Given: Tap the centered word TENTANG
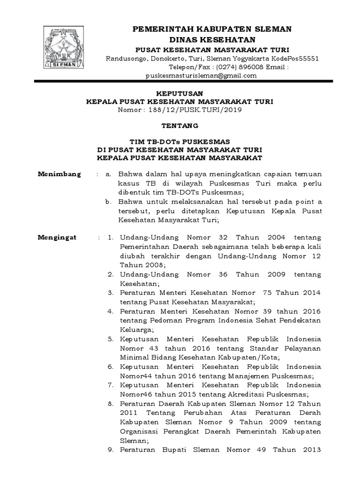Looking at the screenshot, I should pos(180,126).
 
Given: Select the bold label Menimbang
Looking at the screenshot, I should pos(59,174).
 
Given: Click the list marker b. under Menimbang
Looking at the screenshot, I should pos(108,202).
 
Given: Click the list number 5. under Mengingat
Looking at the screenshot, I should pos(110,338).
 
